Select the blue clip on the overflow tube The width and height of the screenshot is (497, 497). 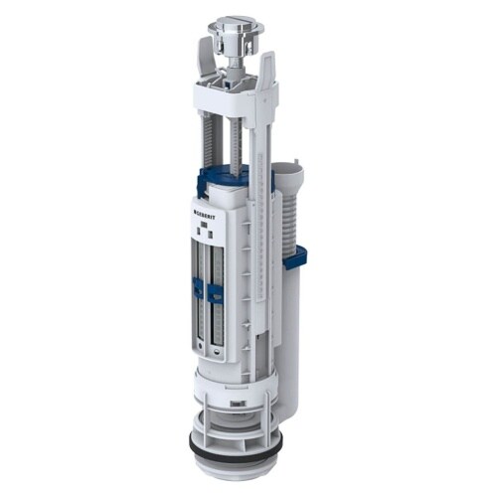click(x=294, y=258)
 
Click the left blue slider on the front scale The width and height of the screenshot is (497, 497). click(x=199, y=289)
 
